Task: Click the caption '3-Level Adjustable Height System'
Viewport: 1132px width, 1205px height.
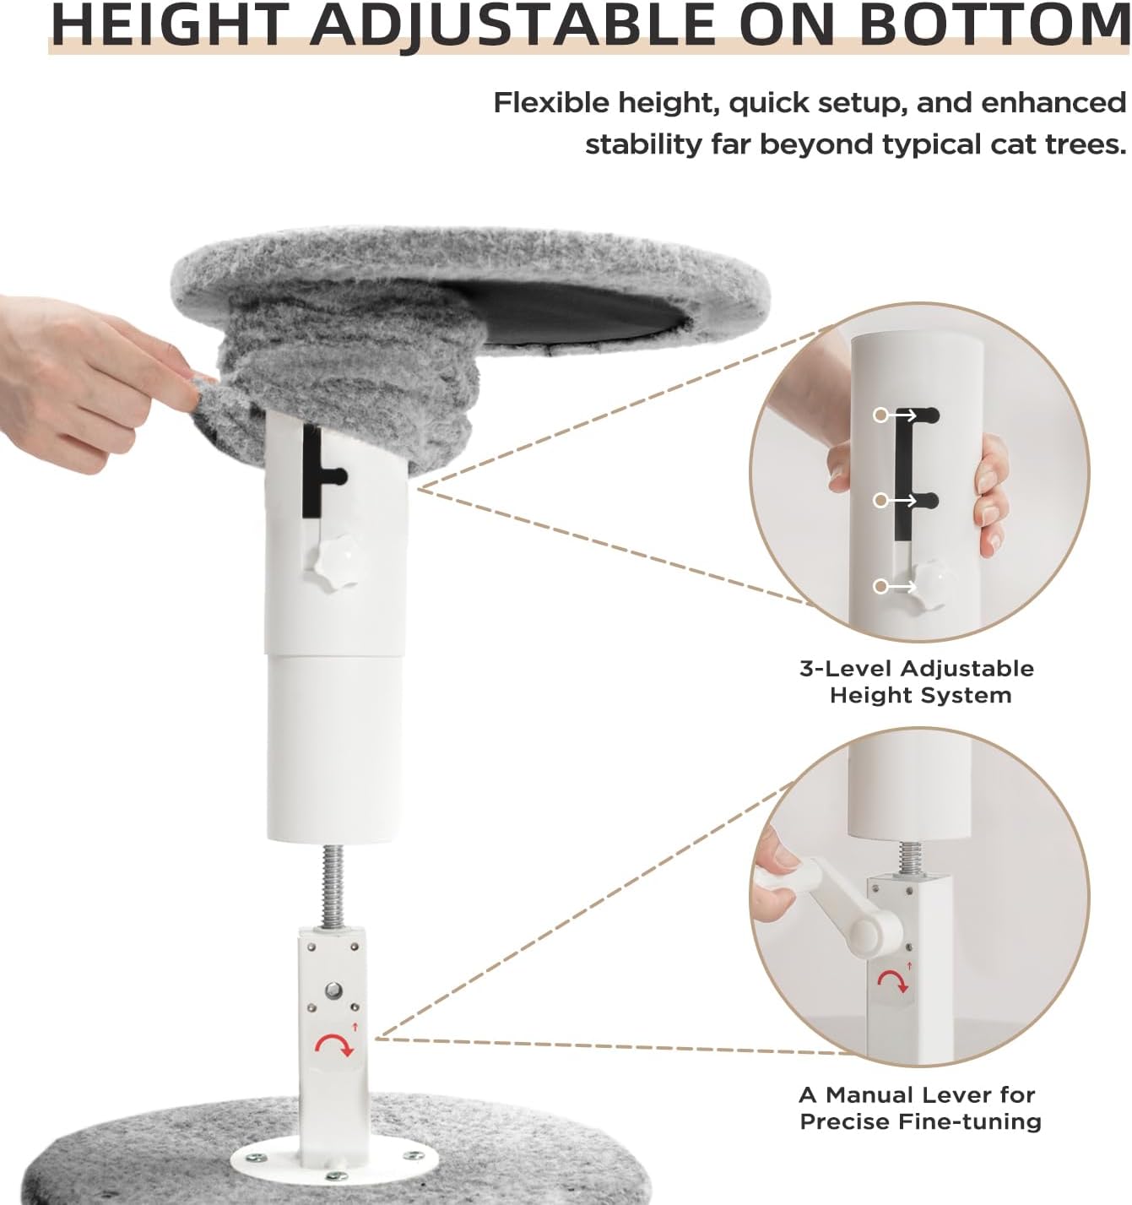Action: click(917, 681)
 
